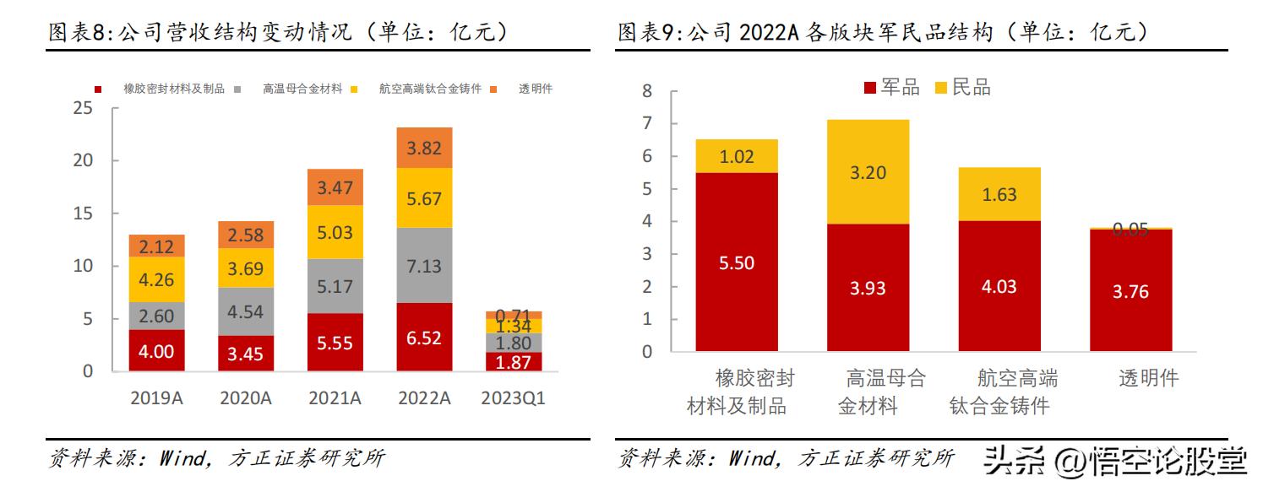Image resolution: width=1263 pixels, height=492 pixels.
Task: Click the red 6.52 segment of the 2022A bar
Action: pyautogui.click(x=423, y=338)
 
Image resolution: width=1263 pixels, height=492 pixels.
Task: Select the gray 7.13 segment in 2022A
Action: pyautogui.click(x=423, y=266)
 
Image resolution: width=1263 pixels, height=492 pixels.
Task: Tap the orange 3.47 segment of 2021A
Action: pyautogui.click(x=335, y=187)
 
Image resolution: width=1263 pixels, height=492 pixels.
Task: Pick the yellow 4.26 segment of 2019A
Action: pyautogui.click(x=157, y=279)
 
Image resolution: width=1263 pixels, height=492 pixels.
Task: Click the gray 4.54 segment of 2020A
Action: pyautogui.click(x=246, y=311)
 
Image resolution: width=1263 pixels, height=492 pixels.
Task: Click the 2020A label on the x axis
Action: pyautogui.click(x=246, y=398)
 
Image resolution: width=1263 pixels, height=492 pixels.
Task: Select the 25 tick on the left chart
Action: pyautogui.click(x=83, y=108)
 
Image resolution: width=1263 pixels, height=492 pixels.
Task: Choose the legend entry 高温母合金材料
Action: pyautogui.click(x=302, y=89)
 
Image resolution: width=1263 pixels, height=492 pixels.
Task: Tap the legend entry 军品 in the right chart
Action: pyautogui.click(x=892, y=88)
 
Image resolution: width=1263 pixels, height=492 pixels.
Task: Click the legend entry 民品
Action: pyautogui.click(x=964, y=88)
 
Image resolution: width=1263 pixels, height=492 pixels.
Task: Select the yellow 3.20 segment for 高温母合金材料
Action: pyautogui.click(x=868, y=172)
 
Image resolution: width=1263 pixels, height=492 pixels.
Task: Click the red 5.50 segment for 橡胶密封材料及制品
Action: pyautogui.click(x=738, y=262)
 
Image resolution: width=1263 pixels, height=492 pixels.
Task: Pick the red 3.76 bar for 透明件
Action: pyautogui.click(x=1130, y=290)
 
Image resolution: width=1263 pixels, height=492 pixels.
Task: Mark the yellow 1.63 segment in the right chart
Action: pyautogui.click(x=999, y=194)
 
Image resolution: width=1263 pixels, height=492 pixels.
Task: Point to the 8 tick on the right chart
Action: pyautogui.click(x=647, y=91)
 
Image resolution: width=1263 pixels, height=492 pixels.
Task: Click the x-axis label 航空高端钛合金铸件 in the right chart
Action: pyautogui.click(x=999, y=392)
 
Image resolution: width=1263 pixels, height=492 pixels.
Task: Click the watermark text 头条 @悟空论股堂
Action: pyautogui.click(x=1115, y=460)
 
